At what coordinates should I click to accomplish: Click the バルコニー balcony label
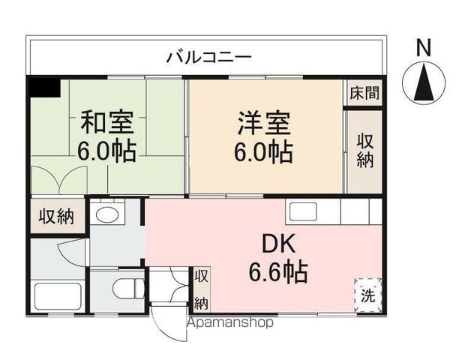(x=209, y=56)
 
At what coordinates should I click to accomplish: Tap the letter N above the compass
(x=424, y=46)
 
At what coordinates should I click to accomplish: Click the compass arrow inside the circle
(x=424, y=82)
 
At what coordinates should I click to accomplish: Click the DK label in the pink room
(x=278, y=244)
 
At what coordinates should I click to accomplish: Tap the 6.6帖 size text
(x=278, y=271)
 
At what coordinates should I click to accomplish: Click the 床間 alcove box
(x=364, y=93)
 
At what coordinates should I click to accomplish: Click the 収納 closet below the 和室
(x=56, y=217)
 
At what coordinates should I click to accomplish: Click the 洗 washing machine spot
(x=368, y=292)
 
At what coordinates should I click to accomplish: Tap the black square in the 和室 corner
(x=44, y=87)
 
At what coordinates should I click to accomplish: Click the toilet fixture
(x=128, y=287)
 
